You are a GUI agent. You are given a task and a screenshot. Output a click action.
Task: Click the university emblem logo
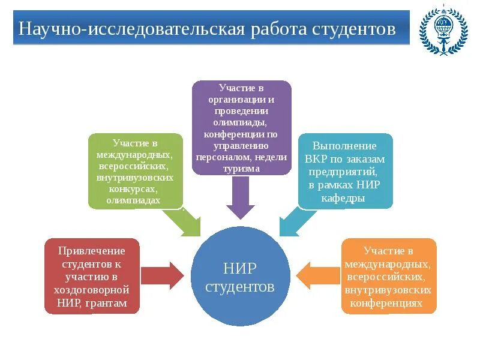click(443, 31)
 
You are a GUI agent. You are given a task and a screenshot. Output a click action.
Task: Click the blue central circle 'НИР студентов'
click(240, 274)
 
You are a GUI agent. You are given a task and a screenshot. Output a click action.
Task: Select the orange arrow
click(318, 275)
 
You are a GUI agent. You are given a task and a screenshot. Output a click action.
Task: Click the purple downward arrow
click(240, 198)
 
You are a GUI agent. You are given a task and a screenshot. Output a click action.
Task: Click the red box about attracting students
click(92, 276)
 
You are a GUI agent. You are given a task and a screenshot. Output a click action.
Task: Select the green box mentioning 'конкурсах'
click(135, 171)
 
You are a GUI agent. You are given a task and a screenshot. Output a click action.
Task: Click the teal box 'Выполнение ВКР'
click(345, 171)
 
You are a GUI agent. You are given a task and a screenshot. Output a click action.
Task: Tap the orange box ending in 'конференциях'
click(388, 276)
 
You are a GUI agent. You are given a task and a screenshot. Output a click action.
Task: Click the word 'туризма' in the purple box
click(241, 169)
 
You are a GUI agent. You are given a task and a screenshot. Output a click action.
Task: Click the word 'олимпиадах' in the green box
click(134, 200)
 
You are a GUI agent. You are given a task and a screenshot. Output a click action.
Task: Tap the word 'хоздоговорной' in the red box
click(92, 290)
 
